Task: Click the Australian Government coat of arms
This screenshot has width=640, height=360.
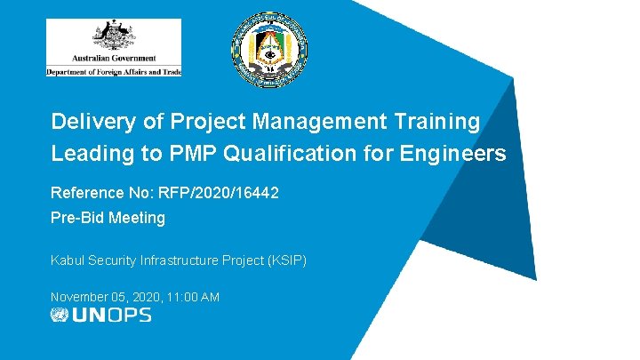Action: (113, 38)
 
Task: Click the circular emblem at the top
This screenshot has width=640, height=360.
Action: (269, 51)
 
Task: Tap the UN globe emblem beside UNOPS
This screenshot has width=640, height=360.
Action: (60, 315)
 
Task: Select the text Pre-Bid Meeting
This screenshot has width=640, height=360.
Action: (108, 218)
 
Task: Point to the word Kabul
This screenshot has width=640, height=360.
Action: (67, 260)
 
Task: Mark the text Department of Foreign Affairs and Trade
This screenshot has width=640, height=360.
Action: (113, 71)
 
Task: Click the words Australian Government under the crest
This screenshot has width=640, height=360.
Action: (113, 59)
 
